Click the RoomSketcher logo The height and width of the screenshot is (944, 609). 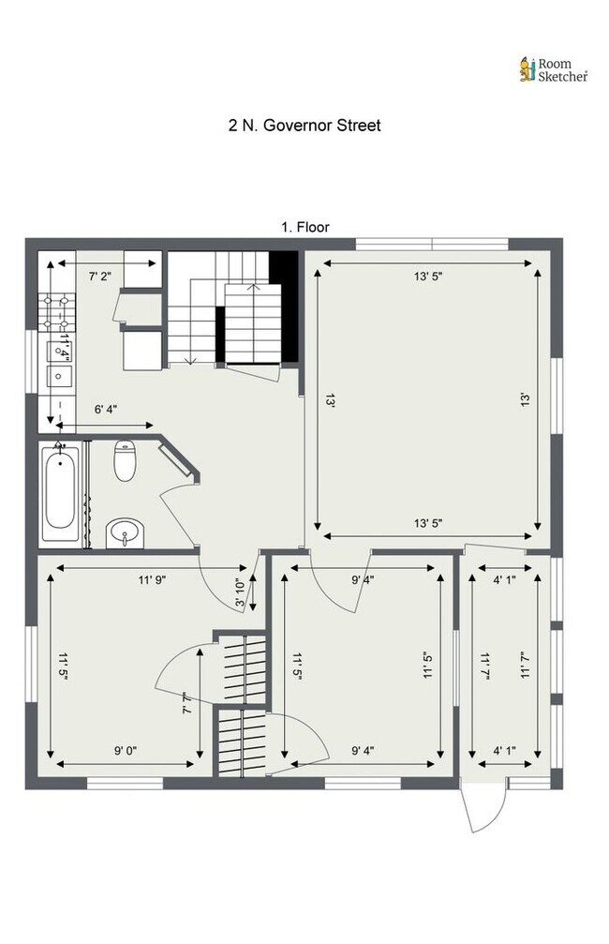tap(554, 70)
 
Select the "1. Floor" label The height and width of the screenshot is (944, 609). tap(304, 227)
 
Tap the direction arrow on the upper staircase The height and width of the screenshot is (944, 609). tap(190, 356)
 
